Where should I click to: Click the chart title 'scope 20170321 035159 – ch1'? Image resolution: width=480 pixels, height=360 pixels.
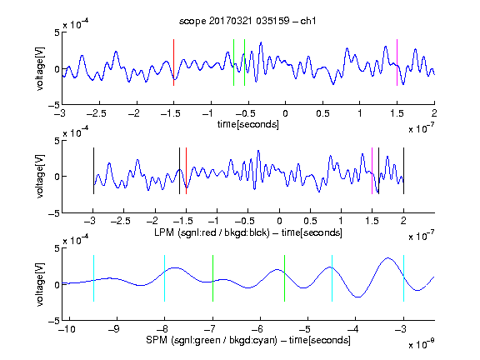(247, 21)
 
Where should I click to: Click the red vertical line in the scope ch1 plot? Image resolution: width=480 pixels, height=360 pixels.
(173, 62)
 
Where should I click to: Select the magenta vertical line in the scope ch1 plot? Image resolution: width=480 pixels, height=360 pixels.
(397, 62)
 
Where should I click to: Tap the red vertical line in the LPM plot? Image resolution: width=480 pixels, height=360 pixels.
(186, 171)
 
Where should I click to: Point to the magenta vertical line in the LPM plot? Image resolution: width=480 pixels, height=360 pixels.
(372, 171)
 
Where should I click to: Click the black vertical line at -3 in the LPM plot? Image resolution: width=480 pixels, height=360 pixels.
(93, 171)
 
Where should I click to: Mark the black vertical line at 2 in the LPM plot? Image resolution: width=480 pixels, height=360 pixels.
(403, 171)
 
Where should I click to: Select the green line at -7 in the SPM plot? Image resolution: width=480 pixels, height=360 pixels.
(212, 278)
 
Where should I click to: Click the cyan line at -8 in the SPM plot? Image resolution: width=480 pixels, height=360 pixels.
(164, 278)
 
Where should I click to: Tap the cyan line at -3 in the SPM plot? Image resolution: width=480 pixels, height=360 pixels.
(403, 278)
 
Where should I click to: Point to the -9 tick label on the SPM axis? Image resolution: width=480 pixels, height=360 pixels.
(114, 329)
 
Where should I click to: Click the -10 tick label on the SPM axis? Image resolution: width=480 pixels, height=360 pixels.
(67, 329)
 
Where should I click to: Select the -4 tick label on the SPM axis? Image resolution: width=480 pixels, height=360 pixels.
(353, 329)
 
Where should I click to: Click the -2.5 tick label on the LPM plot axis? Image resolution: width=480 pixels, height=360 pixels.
(120, 221)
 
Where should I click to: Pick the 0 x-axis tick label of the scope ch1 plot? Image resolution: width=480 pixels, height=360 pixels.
(285, 113)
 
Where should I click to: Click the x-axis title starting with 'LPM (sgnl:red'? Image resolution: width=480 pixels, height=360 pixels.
(248, 232)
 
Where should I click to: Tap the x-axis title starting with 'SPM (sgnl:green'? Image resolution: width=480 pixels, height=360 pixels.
(248, 340)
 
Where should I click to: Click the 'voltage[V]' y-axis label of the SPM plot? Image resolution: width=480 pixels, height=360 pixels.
(40, 284)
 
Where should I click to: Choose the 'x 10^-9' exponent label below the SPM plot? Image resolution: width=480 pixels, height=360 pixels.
(422, 344)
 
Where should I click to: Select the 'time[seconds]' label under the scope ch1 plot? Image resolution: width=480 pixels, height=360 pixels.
(248, 124)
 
